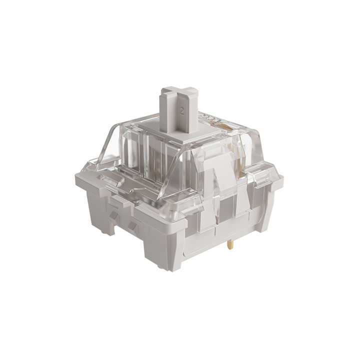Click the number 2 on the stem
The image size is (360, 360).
click(x=181, y=111)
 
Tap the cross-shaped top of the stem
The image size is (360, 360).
click(x=179, y=93)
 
